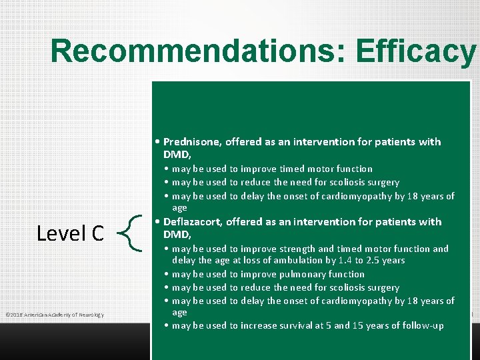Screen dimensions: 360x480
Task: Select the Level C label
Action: click(70, 233)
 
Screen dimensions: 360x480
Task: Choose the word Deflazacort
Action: click(193, 221)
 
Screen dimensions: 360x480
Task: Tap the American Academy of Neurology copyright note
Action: click(54, 315)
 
